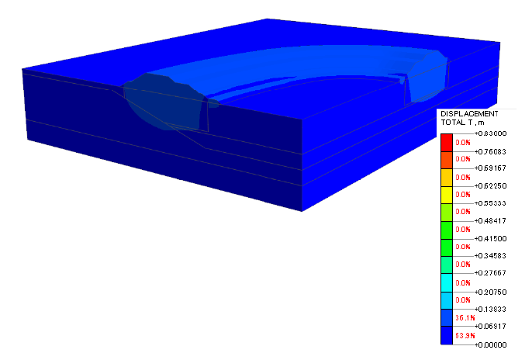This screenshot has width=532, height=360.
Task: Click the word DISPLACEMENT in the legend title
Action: (469, 114)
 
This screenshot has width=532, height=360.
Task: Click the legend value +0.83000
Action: (490, 133)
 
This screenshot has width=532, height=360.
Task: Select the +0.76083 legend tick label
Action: (490, 151)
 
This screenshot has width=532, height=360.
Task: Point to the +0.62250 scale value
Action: (490, 186)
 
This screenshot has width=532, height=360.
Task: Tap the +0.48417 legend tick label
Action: (490, 221)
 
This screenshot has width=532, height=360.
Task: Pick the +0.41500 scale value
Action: (490, 238)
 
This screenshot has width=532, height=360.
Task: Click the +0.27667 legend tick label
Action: (490, 273)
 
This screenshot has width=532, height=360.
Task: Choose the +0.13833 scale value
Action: (490, 309)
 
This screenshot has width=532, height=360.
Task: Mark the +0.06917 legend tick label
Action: (490, 327)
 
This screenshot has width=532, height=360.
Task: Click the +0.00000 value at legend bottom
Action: (490, 344)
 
